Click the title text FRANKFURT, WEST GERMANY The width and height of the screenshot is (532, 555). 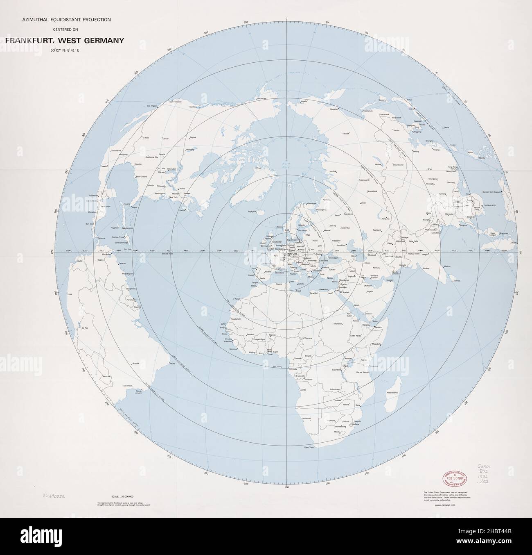(65, 41)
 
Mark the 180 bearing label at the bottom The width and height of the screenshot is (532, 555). (286, 487)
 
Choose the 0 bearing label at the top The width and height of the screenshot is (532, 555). (286, 18)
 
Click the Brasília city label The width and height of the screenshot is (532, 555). (136, 363)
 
